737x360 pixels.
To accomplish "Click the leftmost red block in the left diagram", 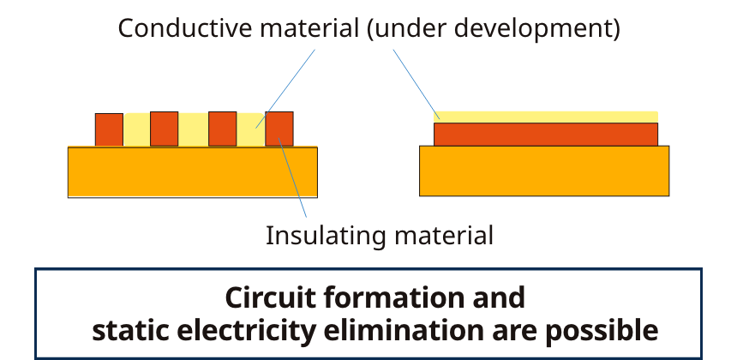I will point(109,129).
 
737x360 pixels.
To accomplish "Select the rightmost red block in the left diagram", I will point(279,129).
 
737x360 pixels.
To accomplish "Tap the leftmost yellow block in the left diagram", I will point(137,129).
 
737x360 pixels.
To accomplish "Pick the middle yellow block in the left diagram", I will point(194,129).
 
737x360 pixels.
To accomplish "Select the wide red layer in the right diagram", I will point(546,134).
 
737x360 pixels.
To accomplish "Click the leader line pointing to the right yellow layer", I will point(416,83).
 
